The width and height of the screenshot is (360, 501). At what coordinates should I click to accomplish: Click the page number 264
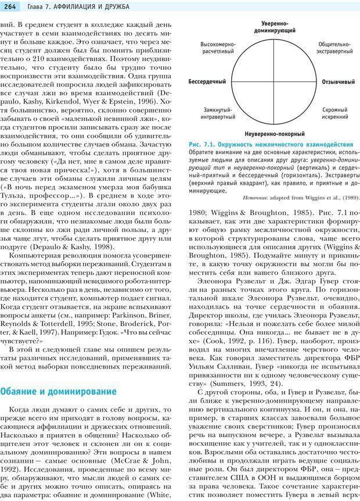click(x=11, y=6)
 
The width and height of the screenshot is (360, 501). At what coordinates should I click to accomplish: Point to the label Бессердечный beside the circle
click(x=207, y=82)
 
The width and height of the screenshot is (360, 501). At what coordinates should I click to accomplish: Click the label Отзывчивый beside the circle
click(x=339, y=82)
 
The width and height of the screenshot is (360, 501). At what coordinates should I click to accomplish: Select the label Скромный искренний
click(x=335, y=113)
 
